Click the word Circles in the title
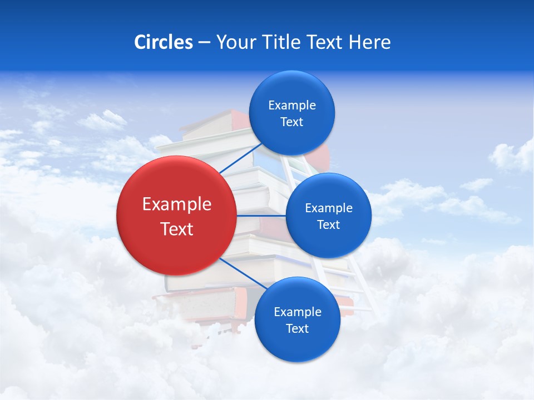pyautogui.click(x=164, y=42)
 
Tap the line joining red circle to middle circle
pyautogui.click(x=261, y=216)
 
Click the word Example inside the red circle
pyautogui.click(x=177, y=204)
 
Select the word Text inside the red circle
pyautogui.click(x=177, y=229)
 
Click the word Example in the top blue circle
pyautogui.click(x=292, y=106)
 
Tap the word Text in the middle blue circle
pyautogui.click(x=328, y=225)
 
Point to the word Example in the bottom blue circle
pyautogui.click(x=298, y=312)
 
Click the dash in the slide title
pyautogui.click(x=204, y=43)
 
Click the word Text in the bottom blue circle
pyautogui.click(x=297, y=329)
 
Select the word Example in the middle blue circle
pyautogui.click(x=329, y=208)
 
